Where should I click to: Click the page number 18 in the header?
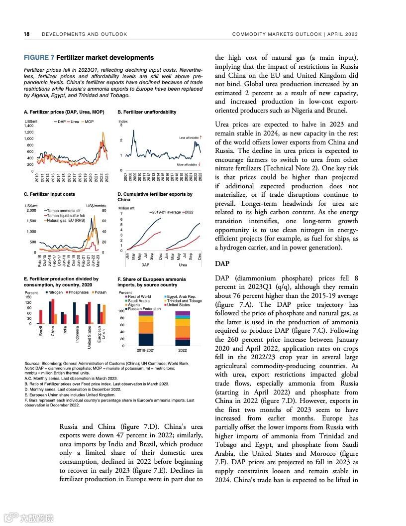(26, 34)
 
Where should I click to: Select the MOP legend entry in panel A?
(89, 121)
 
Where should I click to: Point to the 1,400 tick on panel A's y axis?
(29, 126)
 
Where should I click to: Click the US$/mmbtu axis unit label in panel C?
(96, 206)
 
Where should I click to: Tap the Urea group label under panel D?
(183, 265)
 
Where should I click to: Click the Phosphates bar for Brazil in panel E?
(41, 317)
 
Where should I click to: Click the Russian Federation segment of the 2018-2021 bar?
(146, 339)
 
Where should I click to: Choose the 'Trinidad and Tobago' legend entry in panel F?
(184, 301)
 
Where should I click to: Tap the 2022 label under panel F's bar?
(183, 350)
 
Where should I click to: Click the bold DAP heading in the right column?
(222, 263)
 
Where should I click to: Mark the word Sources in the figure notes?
(32, 364)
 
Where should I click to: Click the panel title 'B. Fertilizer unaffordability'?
(147, 112)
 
